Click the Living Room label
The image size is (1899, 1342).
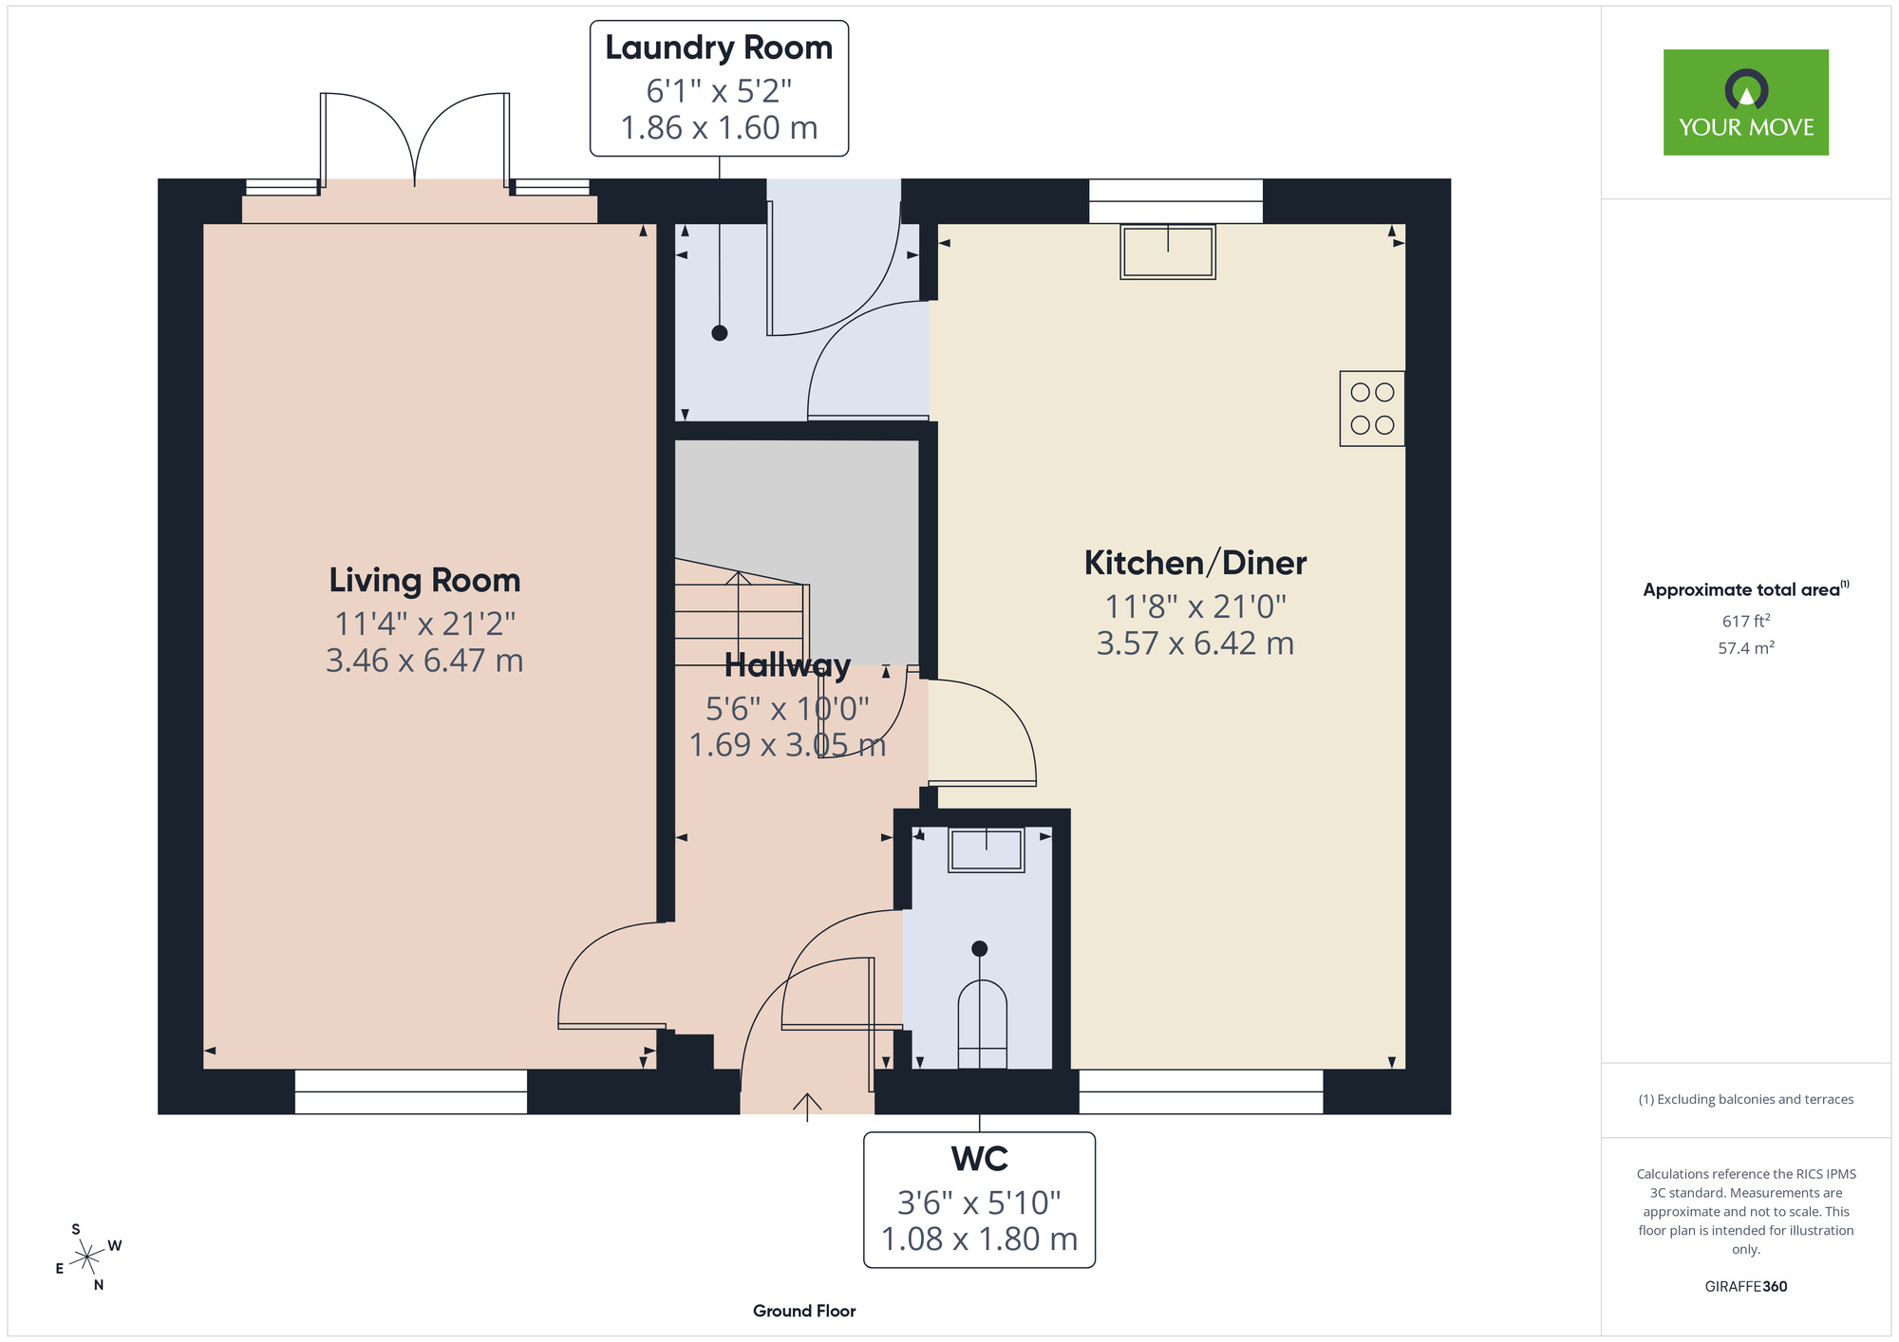click(424, 580)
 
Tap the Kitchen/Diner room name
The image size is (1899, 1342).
click(1194, 563)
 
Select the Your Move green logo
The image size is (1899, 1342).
click(1745, 103)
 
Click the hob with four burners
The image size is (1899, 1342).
click(1371, 408)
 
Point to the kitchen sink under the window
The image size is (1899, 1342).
click(1167, 252)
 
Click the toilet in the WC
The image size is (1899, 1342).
click(982, 1025)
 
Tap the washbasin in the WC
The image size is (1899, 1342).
click(986, 849)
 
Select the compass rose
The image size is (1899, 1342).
click(88, 1258)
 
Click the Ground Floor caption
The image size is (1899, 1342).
click(804, 1311)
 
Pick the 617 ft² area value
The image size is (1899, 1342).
click(1745, 621)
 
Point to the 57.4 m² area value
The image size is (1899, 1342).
click(1745, 648)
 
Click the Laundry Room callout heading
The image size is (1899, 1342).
click(719, 47)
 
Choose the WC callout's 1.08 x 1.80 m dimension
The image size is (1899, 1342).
click(979, 1239)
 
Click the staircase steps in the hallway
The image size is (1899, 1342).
click(739, 612)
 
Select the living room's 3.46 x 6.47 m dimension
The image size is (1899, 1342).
click(424, 660)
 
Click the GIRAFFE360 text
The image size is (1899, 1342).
click(1745, 1286)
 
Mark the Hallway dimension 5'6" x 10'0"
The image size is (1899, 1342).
click(787, 708)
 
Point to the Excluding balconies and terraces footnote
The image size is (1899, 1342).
click(1745, 1099)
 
